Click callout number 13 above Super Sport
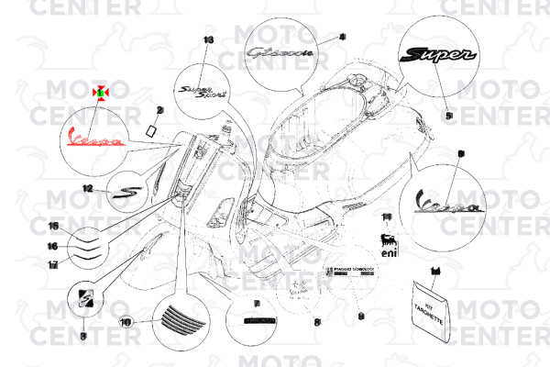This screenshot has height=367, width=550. pos(207,40)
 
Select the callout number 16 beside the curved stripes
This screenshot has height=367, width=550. pos(53,246)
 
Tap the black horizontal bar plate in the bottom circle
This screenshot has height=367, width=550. pos(258,318)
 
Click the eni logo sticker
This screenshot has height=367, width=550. pos(389,245)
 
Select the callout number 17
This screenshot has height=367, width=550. pos(53,264)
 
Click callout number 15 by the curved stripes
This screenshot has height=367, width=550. pos(53,227)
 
